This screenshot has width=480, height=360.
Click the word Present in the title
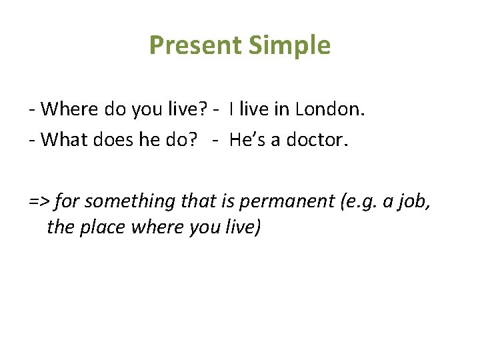click(x=195, y=45)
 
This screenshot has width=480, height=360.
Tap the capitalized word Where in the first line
click(x=74, y=108)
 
